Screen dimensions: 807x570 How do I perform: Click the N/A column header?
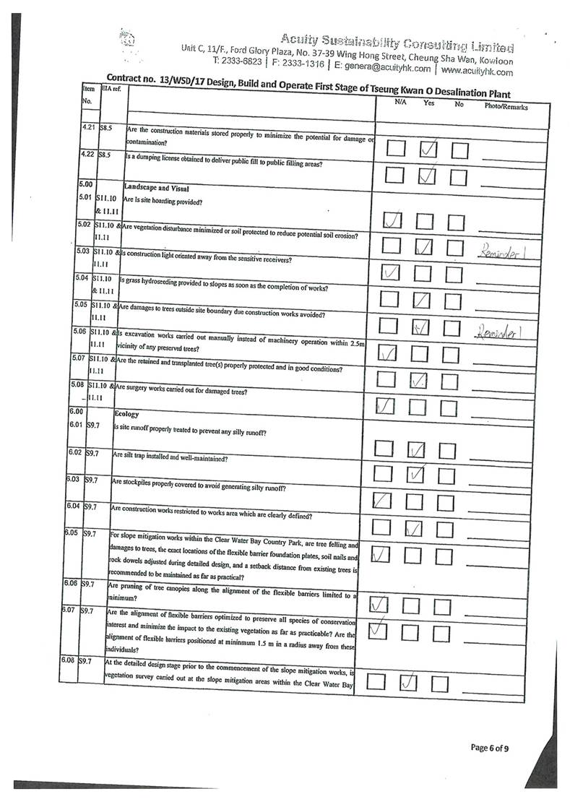[x=400, y=103]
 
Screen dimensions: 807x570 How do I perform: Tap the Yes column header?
[x=428, y=103]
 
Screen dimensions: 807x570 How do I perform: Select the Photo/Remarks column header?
[x=506, y=107]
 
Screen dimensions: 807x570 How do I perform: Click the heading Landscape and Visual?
[x=155, y=187]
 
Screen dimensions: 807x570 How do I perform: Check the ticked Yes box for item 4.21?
[x=428, y=149]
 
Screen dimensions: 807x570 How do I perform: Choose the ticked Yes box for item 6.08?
[x=408, y=681]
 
